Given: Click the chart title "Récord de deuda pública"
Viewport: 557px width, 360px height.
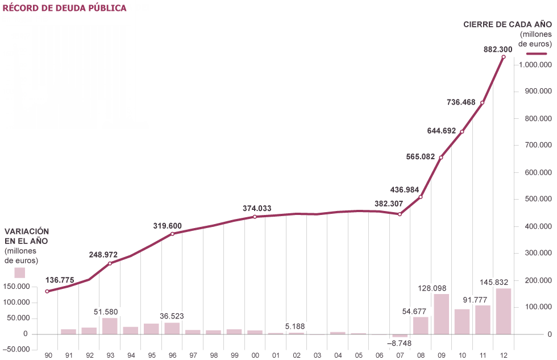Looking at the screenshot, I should pyautogui.click(x=65, y=9).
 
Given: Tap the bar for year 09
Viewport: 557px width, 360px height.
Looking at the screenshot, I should pyautogui.click(x=441, y=314).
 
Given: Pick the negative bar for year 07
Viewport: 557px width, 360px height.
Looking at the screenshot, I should pyautogui.click(x=400, y=336).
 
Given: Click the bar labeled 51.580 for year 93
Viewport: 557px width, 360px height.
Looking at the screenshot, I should pyautogui.click(x=110, y=326).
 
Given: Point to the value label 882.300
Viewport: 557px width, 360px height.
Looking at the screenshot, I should pyautogui.click(x=498, y=49).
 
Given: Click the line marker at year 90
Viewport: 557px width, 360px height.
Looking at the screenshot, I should pyautogui.click(x=47, y=291).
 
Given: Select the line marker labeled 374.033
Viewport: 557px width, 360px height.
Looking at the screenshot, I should pyautogui.click(x=255, y=217).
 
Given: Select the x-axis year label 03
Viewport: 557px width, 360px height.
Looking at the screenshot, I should pyautogui.click(x=317, y=355).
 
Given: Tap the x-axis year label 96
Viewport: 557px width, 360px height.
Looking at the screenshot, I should pyautogui.click(x=172, y=355).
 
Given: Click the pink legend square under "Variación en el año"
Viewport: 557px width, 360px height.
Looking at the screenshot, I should pyautogui.click(x=19, y=272).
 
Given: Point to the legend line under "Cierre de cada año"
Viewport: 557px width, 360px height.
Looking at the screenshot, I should pyautogui.click(x=537, y=53).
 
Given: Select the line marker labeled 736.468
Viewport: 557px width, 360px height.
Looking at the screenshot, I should pyautogui.click(x=483, y=103).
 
